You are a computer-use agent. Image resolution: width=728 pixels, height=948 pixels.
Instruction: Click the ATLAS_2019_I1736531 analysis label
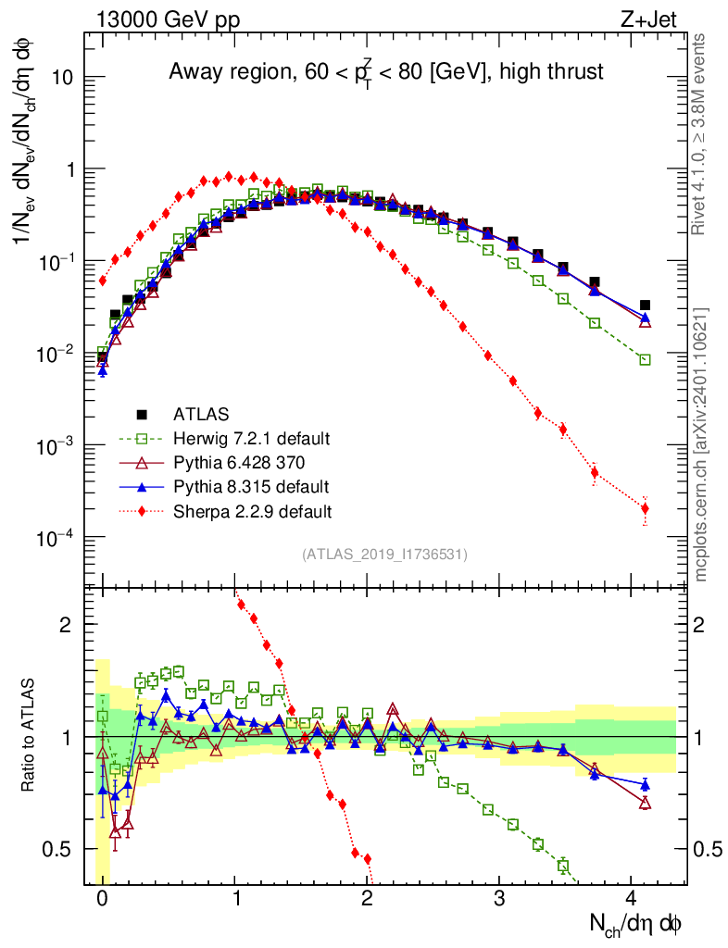click(384, 555)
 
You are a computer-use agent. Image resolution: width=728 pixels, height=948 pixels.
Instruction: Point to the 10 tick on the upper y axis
click(63, 78)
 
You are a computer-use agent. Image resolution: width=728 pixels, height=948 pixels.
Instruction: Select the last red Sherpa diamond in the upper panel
click(645, 508)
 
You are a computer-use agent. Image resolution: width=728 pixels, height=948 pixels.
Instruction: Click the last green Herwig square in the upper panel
click(645, 359)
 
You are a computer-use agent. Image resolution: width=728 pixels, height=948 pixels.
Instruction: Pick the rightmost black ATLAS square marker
click(645, 305)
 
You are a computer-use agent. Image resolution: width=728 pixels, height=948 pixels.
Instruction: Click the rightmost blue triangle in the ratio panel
click(645, 785)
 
